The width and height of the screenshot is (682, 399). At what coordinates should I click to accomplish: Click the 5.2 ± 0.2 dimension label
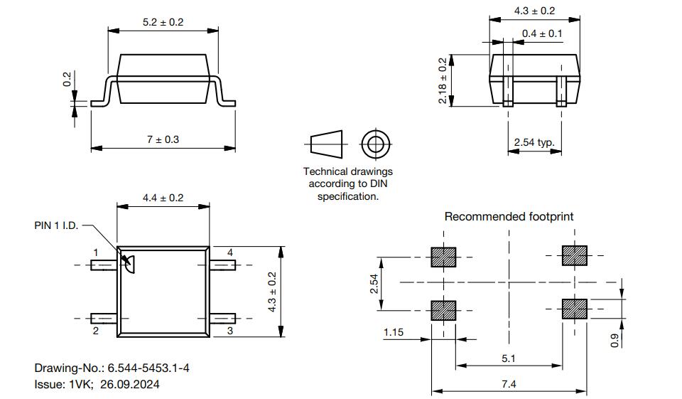coord(163,22)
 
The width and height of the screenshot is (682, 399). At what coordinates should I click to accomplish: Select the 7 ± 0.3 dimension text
coord(163,139)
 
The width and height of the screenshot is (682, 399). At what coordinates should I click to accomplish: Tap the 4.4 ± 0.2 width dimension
coord(163,198)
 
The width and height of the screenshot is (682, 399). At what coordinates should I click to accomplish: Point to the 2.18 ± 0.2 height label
coord(443,80)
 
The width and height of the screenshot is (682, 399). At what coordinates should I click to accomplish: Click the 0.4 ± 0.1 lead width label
coord(542,33)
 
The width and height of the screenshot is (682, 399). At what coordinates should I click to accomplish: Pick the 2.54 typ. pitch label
coord(534,142)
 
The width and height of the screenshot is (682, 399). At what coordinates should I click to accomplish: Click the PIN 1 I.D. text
coord(56,225)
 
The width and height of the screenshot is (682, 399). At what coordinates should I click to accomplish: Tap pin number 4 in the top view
coord(230,252)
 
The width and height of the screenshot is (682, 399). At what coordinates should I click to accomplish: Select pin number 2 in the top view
coord(96,331)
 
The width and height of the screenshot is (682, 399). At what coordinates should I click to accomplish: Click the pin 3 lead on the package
coord(222,319)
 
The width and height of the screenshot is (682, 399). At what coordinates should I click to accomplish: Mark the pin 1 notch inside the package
coord(129,264)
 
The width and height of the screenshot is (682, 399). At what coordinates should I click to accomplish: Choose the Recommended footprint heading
coord(509,216)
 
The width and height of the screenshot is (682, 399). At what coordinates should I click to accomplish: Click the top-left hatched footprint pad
coord(443,257)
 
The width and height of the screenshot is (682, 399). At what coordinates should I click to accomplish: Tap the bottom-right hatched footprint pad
coord(575,309)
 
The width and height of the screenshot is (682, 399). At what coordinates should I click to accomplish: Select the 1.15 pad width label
coord(394,332)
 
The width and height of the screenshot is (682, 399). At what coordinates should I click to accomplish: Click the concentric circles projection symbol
coord(376,144)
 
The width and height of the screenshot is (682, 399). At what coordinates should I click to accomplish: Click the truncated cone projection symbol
coord(326,144)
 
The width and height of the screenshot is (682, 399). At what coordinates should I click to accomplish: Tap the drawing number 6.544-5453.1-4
coord(148,368)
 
